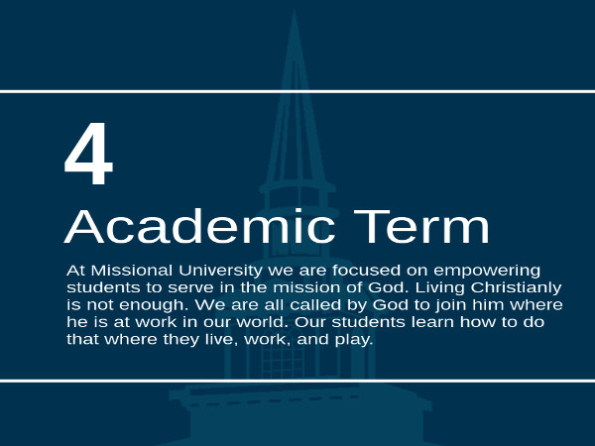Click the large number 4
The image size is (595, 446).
pos(89,154)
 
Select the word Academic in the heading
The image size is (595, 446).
pos(199,226)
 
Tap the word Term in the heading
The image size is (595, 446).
pos(421,227)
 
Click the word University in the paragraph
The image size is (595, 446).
pos(220,272)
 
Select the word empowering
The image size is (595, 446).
pos(487,272)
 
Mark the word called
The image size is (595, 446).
pos(315,305)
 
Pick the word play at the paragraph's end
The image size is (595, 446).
pos(354,340)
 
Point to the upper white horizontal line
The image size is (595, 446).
pos(297,91)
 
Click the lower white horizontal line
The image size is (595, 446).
pos(297,381)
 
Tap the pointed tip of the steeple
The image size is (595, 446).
pos(295,11)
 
